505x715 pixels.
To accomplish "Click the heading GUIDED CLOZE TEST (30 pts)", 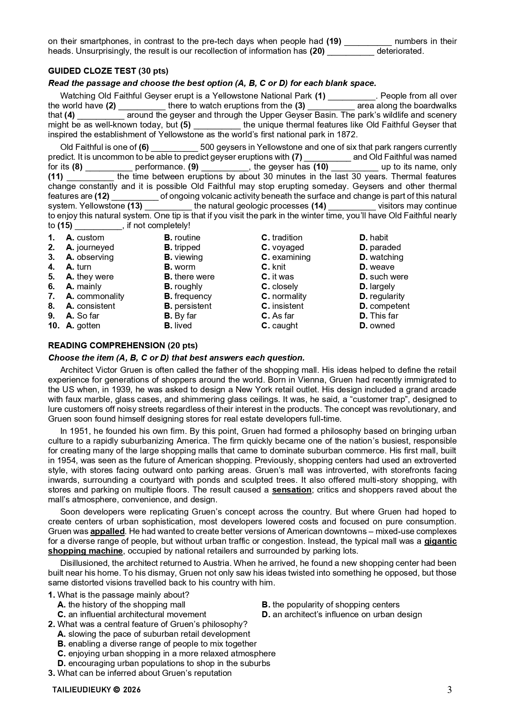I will click(x=108, y=71).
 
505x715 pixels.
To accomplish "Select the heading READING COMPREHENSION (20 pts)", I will click(x=122, y=345).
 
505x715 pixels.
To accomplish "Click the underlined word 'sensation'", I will click(x=291, y=490).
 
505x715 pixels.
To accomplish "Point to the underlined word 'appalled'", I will click(x=107, y=531).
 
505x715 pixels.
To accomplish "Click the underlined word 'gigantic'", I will click(x=440, y=541).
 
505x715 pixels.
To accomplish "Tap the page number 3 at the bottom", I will click(x=449, y=690).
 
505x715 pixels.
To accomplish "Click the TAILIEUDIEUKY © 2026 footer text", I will click(x=96, y=690).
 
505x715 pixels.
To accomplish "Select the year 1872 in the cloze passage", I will click(x=347, y=134).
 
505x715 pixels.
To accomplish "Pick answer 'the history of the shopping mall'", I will click(x=127, y=605).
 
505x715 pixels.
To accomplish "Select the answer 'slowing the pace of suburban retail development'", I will click(x=159, y=634).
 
